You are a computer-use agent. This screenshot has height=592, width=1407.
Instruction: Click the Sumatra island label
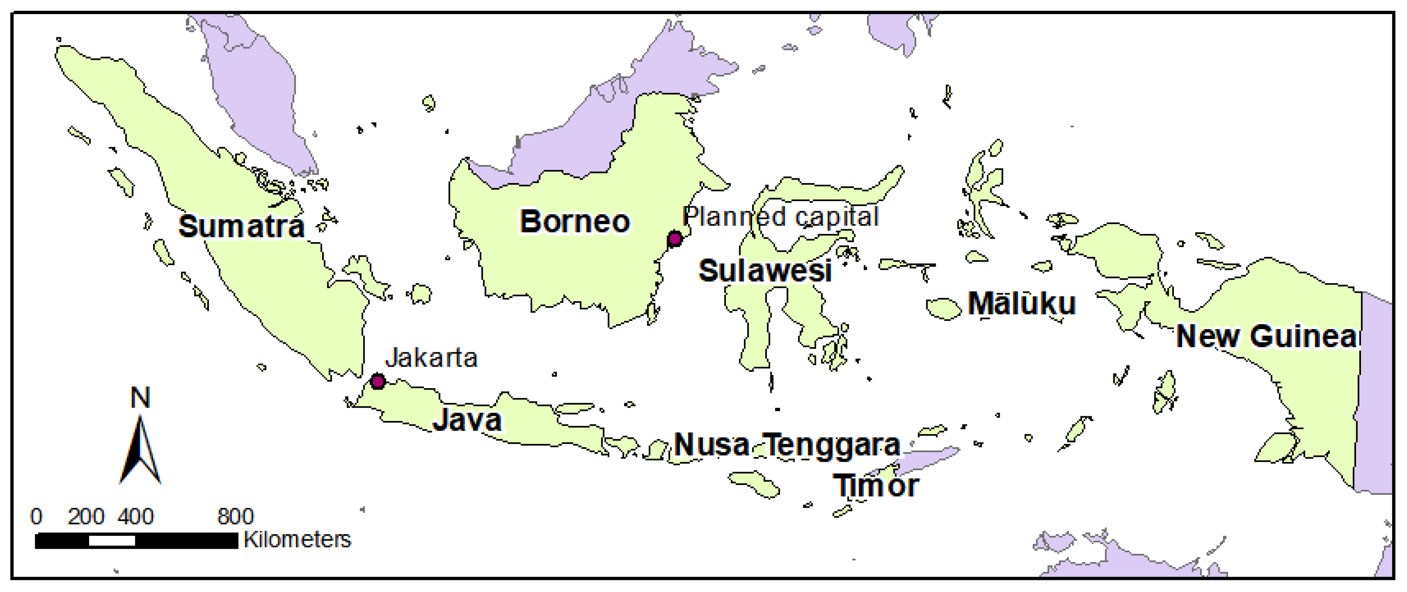(241, 226)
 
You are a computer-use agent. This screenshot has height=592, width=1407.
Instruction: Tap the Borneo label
(574, 222)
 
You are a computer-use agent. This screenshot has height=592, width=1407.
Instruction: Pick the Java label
(467, 420)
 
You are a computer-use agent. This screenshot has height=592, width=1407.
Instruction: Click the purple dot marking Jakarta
(377, 381)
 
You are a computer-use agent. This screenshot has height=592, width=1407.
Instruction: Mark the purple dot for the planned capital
(674, 239)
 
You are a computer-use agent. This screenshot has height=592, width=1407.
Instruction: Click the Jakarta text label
(431, 358)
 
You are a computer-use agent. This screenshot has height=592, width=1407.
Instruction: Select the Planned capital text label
(781, 217)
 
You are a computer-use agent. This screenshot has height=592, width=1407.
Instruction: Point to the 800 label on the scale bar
(235, 516)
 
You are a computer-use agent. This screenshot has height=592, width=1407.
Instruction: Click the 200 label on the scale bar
(86, 516)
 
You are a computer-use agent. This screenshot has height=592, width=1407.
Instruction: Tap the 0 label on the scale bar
(36, 516)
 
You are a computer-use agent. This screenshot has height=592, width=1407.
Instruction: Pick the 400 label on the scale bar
(136, 516)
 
